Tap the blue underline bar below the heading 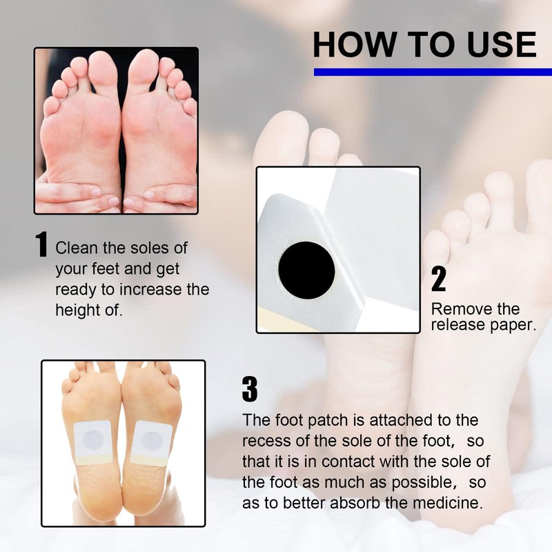click(x=433, y=72)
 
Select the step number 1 click(x=42, y=246)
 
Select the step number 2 click(x=438, y=279)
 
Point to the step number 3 click(x=249, y=390)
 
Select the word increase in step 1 click(x=138, y=289)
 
